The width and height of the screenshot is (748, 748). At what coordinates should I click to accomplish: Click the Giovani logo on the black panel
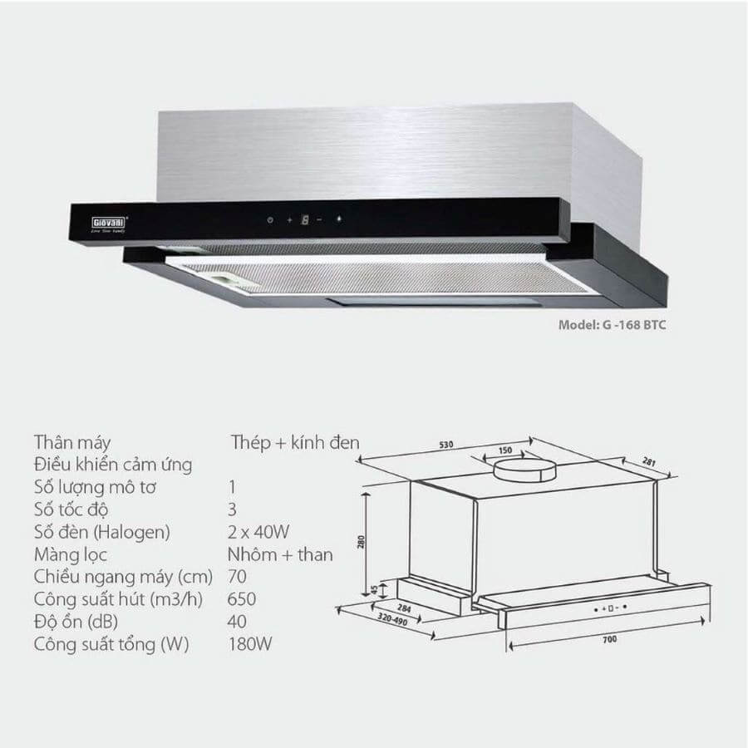point(108,224)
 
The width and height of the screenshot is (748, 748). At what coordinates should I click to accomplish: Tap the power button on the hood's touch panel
point(270,220)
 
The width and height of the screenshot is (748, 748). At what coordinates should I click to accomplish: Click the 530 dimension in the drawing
point(446,445)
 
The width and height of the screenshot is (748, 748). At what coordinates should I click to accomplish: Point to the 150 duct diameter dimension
point(505,450)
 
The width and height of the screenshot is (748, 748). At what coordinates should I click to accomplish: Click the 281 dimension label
point(649,462)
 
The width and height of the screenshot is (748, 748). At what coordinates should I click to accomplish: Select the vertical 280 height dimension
point(362,542)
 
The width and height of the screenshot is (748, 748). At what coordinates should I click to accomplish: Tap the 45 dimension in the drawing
point(375,590)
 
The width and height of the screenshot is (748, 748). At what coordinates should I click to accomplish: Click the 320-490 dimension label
point(392,620)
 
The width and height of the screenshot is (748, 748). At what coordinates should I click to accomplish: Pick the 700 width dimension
point(610,639)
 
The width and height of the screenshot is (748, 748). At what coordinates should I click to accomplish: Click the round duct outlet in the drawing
point(524,470)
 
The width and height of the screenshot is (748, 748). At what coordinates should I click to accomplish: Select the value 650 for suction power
point(242,599)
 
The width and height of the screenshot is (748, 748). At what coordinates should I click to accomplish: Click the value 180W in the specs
point(250,644)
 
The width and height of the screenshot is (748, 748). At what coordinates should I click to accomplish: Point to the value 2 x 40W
point(258,532)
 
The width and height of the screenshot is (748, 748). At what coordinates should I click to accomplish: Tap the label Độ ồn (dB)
point(76,622)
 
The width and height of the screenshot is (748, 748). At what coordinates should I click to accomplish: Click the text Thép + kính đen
point(295,442)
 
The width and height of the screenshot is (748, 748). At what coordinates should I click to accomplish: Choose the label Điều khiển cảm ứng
point(113,465)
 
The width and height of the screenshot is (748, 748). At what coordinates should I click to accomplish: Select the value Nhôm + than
point(280,554)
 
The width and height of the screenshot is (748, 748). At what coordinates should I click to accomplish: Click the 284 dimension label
point(404,608)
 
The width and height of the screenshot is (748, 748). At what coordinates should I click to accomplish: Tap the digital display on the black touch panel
point(305,220)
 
